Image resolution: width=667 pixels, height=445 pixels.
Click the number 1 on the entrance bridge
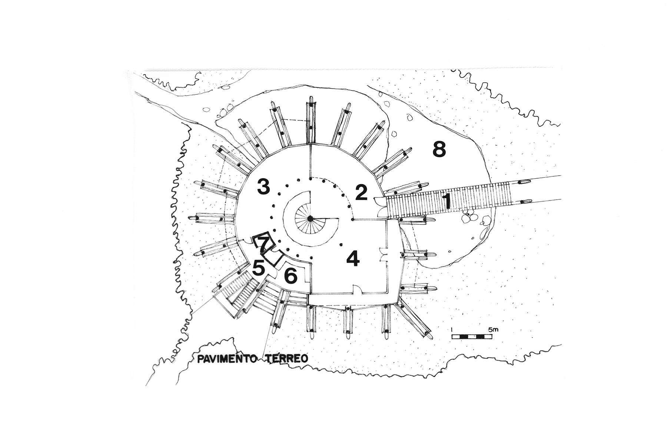(447, 201)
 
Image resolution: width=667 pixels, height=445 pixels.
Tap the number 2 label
(361, 193)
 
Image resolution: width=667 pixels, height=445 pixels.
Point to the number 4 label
(353, 258)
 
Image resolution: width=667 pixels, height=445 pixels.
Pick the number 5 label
(259, 268)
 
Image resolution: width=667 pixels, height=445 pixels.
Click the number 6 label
(291, 275)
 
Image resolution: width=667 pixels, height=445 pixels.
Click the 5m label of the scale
(494, 329)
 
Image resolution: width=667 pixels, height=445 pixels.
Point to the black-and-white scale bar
(472, 336)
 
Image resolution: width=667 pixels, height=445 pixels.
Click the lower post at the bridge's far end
(525, 202)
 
